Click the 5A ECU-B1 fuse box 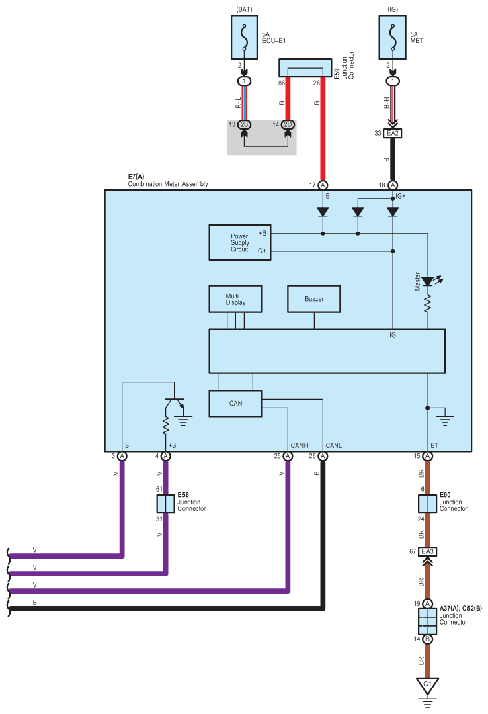[244, 38]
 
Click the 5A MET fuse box [393, 38]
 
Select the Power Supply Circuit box [240, 242]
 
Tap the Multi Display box [235, 299]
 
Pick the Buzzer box [314, 299]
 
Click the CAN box [235, 404]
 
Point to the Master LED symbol [428, 281]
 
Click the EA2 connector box [393, 134]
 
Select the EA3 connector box [428, 552]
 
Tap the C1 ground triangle [428, 685]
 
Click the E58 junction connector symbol [165, 504]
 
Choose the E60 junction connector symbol [428, 504]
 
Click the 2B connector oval [244, 124]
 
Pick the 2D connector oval [288, 124]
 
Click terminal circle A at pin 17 [323, 185]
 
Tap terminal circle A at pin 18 [393, 185]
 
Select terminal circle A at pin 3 [122, 456]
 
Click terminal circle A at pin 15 [428, 456]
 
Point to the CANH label [299, 446]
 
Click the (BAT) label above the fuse [244, 9]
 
